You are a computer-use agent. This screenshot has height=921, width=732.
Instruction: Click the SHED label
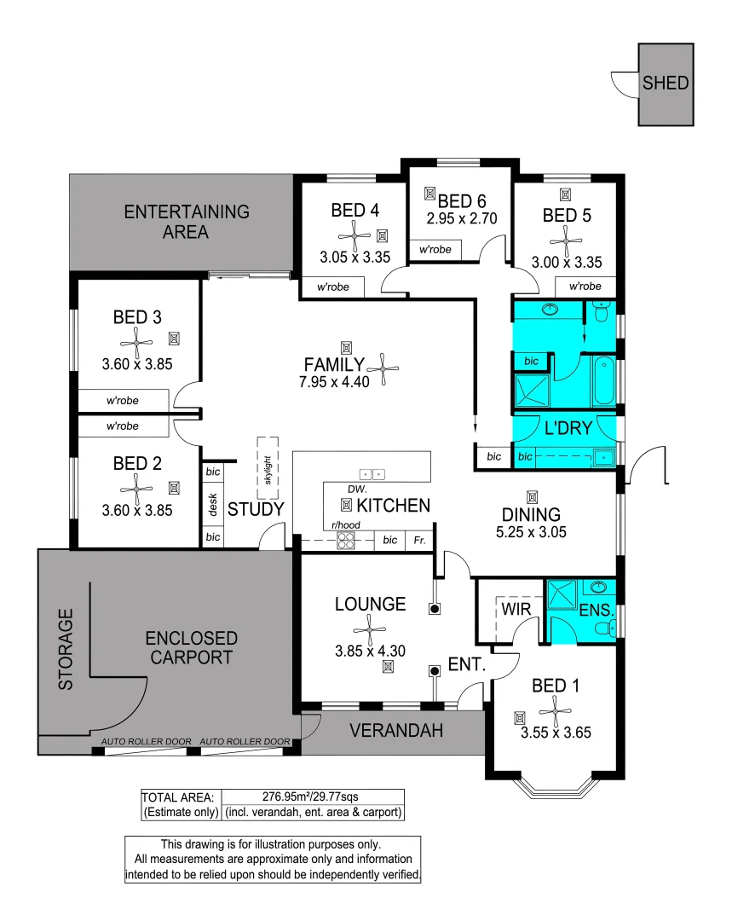point(666,84)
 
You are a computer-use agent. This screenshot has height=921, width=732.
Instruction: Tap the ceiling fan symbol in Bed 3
point(136,343)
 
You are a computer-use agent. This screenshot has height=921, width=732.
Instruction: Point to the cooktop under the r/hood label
point(346,540)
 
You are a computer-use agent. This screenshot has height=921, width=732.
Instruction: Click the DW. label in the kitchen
point(357,489)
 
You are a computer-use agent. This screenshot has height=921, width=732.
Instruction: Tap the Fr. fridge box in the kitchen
point(419,541)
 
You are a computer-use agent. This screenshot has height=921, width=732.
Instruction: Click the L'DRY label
point(567,428)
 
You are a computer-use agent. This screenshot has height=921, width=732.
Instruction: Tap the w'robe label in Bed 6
point(435,250)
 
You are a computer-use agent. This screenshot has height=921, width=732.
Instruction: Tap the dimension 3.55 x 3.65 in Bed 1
point(556,732)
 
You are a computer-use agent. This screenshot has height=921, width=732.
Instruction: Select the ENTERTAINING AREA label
point(187,221)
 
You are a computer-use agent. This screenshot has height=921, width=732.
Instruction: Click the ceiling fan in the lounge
point(370,632)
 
